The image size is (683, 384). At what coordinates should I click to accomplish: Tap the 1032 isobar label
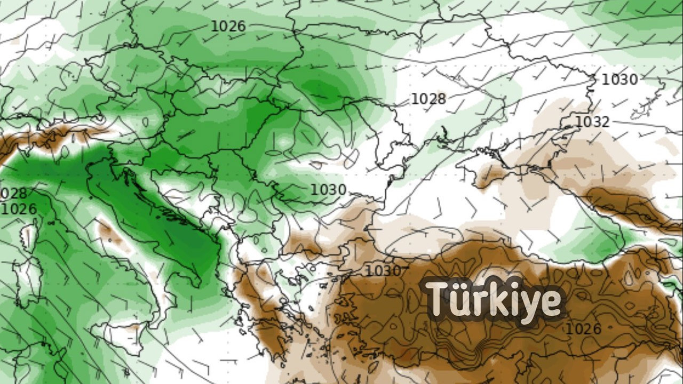(592, 122)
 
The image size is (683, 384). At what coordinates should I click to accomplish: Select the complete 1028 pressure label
(428, 99)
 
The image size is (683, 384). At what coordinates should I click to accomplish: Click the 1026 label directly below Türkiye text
(583, 329)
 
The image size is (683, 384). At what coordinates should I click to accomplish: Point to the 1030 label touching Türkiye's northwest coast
(383, 271)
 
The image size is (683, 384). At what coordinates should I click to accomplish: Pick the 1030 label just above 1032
(620, 79)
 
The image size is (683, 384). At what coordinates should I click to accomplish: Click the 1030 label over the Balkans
(329, 190)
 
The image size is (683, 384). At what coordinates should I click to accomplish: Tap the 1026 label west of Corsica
(19, 209)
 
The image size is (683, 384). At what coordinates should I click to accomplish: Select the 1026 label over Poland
(228, 26)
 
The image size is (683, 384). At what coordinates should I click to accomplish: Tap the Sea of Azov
(539, 147)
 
